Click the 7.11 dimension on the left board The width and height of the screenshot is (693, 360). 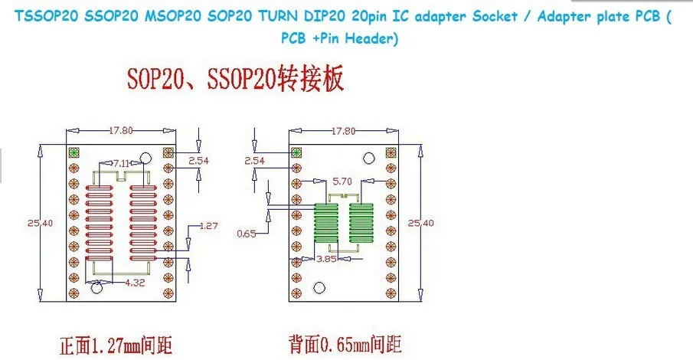(121, 164)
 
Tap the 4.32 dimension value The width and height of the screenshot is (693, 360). (136, 282)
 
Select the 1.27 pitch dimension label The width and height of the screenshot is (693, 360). (208, 225)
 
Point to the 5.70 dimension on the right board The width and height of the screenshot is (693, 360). (342, 182)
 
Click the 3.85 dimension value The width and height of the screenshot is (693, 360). (326, 259)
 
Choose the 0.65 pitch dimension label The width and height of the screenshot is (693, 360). (247, 234)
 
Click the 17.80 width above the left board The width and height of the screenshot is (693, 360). (121, 130)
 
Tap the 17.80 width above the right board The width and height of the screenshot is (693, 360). (343, 131)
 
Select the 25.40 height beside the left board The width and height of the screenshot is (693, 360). (41, 223)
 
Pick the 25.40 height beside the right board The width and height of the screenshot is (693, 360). (420, 223)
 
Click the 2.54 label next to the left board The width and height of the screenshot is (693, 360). (198, 161)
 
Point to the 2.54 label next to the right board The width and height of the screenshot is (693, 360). (254, 161)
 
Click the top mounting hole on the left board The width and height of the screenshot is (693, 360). (145, 158)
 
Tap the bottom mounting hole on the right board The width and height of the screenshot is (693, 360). (319, 288)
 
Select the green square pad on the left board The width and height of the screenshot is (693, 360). (74, 152)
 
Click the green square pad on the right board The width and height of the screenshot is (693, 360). (296, 152)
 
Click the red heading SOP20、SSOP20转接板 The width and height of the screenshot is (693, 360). (235, 79)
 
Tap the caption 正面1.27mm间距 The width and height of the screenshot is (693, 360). (116, 345)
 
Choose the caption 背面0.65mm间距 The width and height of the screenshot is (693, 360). (345, 344)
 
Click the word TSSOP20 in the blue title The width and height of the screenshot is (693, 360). (47, 16)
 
